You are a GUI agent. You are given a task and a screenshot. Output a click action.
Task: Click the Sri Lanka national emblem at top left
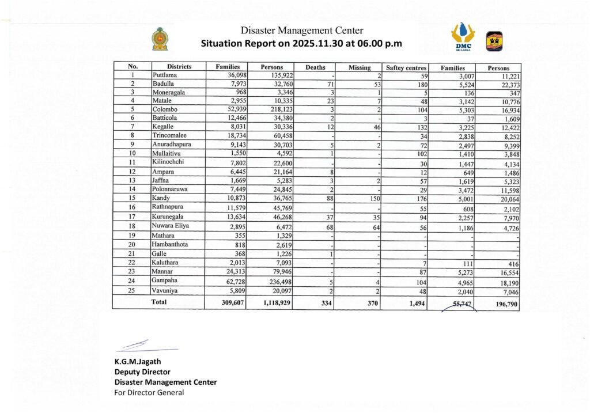tap(160, 39)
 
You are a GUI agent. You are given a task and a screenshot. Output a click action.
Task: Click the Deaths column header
tap(315, 67)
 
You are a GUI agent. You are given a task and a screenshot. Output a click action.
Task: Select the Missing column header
tap(360, 67)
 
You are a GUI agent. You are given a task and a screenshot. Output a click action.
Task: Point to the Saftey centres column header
tap(406, 67)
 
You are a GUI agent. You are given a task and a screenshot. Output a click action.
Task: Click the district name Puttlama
tap(165, 75)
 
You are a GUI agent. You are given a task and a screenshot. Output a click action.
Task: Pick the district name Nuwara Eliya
tap(171, 226)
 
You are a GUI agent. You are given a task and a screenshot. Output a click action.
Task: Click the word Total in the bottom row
tap(158, 301)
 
